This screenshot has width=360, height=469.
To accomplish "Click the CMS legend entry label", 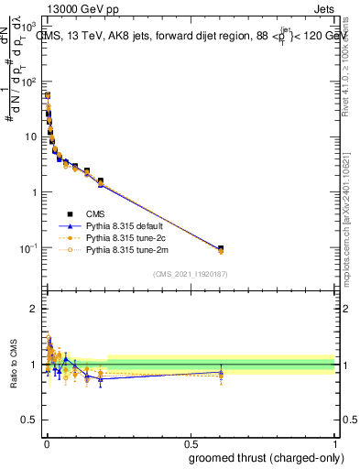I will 95,213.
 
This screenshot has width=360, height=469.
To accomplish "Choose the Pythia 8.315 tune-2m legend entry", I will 126,249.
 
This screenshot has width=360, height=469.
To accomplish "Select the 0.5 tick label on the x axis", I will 191,442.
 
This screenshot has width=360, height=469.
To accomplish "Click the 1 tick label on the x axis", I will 334,442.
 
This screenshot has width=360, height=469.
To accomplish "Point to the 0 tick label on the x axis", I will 46,442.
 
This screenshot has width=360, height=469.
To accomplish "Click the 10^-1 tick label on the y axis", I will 29,248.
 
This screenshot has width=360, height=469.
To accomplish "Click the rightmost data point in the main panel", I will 220,249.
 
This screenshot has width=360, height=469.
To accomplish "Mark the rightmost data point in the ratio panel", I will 220,373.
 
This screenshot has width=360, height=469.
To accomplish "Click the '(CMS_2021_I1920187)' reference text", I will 190,274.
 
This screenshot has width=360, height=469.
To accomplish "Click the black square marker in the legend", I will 70,213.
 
